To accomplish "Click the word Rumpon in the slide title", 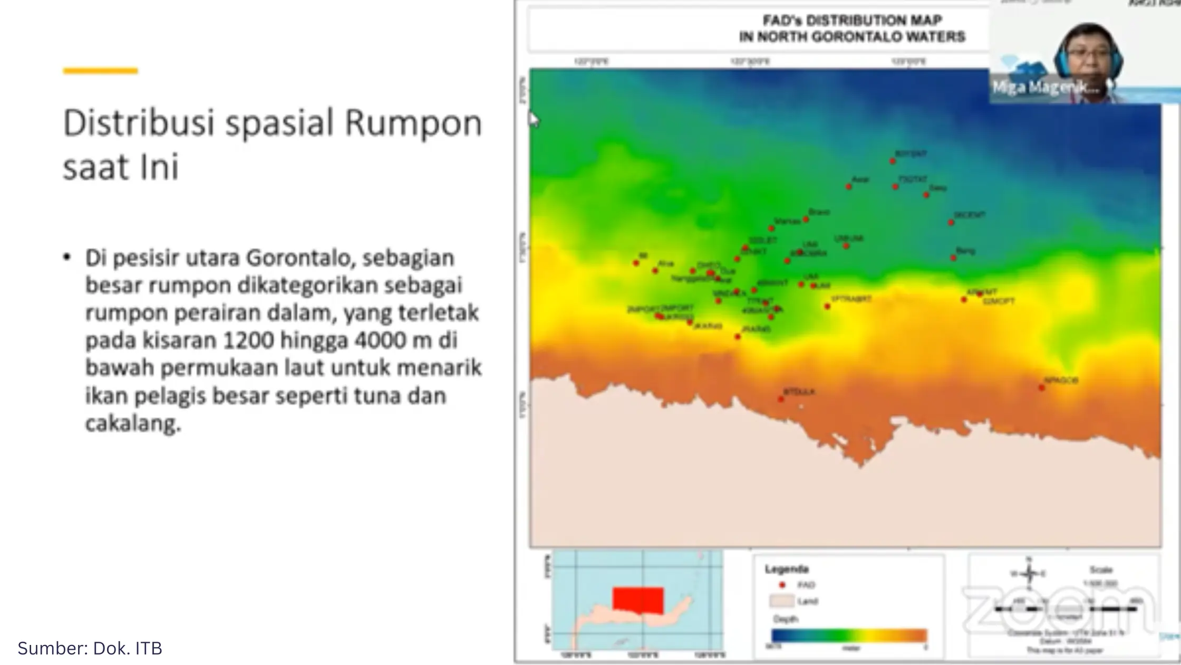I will click(413, 123).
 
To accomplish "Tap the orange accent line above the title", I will click(100, 71).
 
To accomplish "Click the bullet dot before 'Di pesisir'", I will click(67, 258).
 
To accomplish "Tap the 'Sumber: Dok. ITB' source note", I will click(90, 648).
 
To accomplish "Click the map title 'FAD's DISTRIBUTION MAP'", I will click(852, 21).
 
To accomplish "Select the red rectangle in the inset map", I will click(637, 601).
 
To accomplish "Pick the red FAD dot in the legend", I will click(782, 585).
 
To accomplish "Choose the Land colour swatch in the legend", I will click(781, 601).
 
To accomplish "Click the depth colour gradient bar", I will click(849, 635).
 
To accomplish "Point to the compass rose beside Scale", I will click(1029, 573).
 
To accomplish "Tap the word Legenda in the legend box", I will click(787, 569).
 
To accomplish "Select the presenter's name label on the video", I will click(1046, 88).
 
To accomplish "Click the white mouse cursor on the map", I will click(534, 120).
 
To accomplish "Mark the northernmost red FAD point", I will click(893, 161).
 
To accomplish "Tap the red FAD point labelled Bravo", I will click(806, 219).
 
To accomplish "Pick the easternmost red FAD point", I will click(1042, 388).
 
